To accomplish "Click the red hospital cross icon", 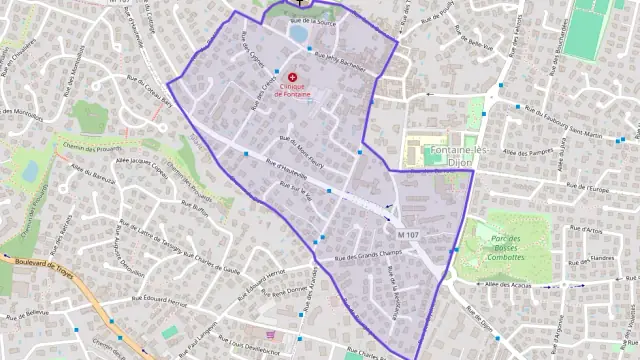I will pos(293,76).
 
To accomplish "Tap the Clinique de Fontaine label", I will pos(292,90).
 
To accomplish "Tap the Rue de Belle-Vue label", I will pos(470,45).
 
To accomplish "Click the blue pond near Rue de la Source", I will pos(298,32).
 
